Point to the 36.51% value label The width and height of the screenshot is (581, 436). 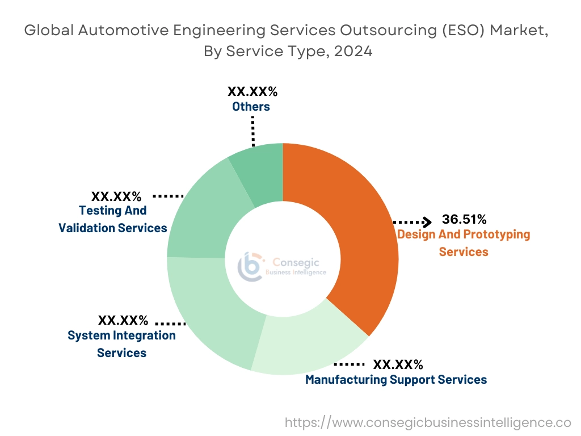(464, 220)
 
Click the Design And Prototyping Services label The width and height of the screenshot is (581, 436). (464, 242)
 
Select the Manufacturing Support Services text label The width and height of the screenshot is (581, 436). (395, 380)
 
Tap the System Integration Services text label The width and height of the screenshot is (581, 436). (121, 344)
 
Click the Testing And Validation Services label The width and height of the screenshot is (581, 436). (113, 219)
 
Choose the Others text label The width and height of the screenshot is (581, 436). (251, 106)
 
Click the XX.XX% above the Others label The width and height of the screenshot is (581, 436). (252, 91)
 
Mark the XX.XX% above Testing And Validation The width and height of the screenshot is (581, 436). (117, 196)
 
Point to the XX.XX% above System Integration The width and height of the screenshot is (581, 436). (123, 320)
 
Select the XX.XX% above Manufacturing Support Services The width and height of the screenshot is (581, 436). (398, 364)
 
